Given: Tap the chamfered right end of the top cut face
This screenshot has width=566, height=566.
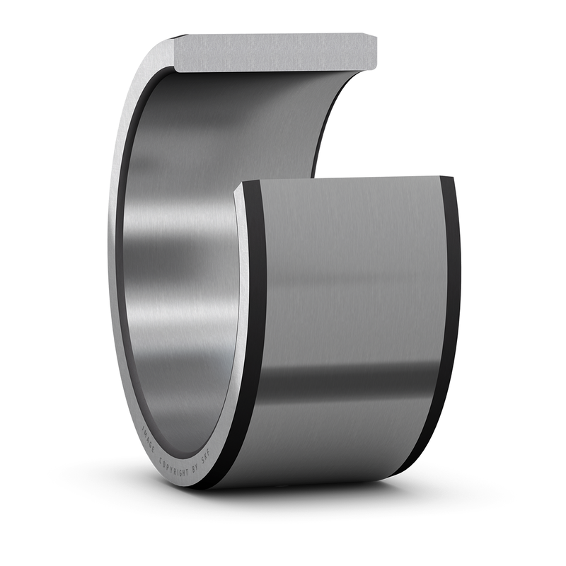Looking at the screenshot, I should click(372, 52).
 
